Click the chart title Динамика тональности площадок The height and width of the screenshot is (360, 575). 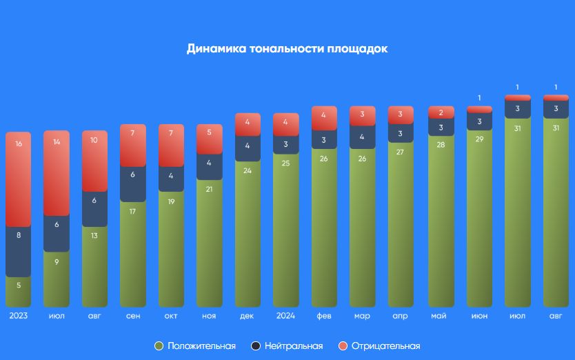tap(287, 49)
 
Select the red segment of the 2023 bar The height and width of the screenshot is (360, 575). tap(19, 179)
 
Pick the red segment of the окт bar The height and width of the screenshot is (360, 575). tap(171, 146)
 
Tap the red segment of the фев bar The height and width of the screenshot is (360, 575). tap(324, 118)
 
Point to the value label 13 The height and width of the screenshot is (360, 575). tap(94, 236)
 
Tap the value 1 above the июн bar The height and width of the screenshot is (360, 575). tap(479, 99)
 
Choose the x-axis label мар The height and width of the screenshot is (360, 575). tap(362, 316)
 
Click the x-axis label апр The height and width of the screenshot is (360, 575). tap(401, 316)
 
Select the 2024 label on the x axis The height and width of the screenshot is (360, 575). tap(286, 316)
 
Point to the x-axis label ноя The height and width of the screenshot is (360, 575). tap(210, 316)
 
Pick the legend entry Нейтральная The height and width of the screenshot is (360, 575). tap(287, 346)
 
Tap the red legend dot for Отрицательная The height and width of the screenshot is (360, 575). tap(343, 346)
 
